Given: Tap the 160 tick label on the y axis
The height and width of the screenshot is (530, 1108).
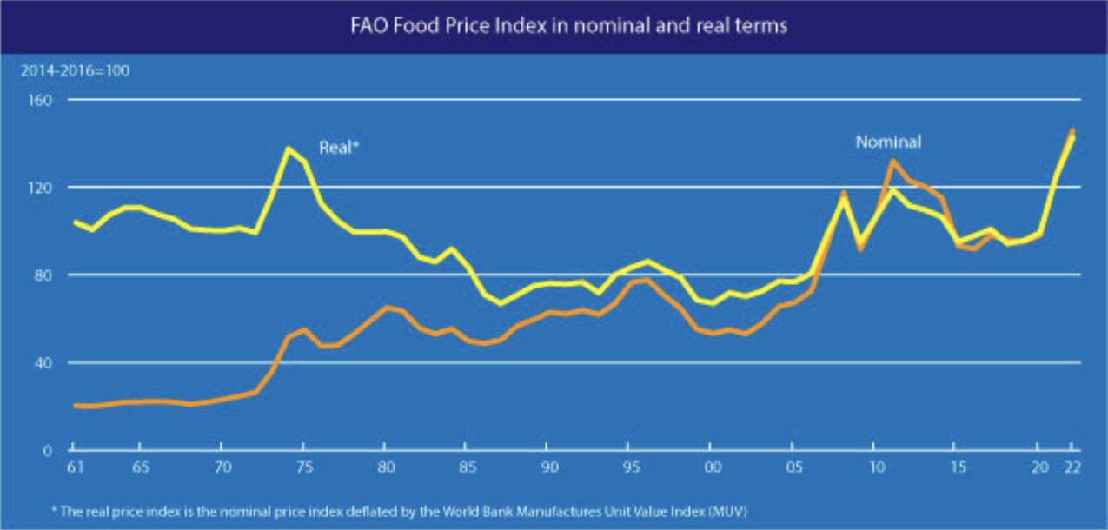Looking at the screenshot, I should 42,100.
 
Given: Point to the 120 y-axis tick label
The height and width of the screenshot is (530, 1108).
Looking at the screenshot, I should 42,188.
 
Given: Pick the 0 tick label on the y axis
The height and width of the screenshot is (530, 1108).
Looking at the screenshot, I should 49,450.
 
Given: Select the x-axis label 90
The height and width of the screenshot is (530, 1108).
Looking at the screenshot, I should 547,467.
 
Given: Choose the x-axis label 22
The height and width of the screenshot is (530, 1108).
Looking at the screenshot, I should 1072,467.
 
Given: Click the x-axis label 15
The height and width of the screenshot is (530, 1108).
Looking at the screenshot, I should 958,467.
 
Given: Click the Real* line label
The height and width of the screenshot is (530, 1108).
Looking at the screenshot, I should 339,148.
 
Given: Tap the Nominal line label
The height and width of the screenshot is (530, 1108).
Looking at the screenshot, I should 888,142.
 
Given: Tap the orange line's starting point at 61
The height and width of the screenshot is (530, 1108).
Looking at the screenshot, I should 76,406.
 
